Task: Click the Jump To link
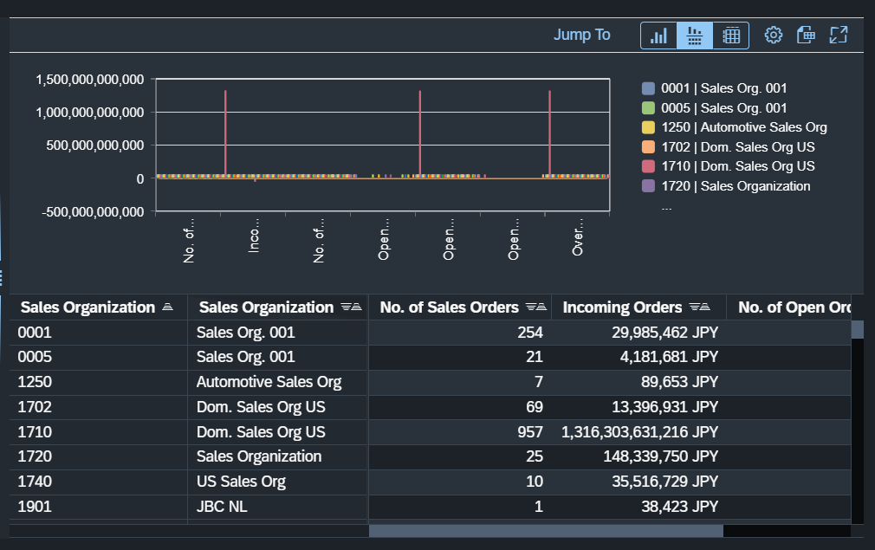(x=581, y=35)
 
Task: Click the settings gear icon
(x=774, y=35)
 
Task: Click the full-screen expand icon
(x=838, y=35)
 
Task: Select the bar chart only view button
(x=659, y=36)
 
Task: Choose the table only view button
(x=731, y=36)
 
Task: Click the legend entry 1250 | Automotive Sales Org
(x=743, y=127)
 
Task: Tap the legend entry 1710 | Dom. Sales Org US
(x=737, y=166)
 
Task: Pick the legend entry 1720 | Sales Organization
(x=736, y=186)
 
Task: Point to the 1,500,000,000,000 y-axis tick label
(x=89, y=80)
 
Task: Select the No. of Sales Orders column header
(x=449, y=307)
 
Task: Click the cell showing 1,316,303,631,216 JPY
(x=639, y=431)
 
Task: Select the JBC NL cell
(x=222, y=507)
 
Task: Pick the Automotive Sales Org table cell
(x=269, y=382)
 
